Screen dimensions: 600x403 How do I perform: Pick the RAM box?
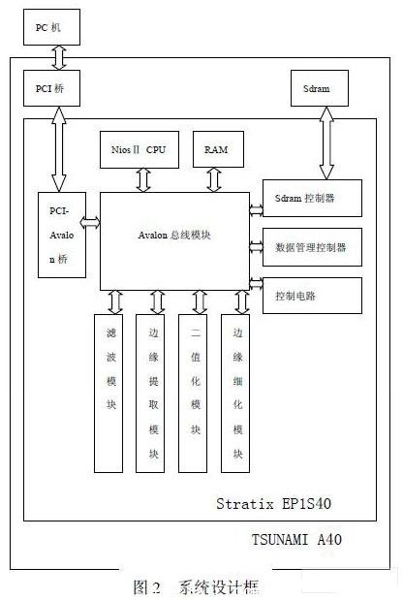[210, 149]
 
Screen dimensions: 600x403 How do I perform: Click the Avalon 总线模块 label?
[174, 236]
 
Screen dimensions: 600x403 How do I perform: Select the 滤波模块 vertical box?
[113, 392]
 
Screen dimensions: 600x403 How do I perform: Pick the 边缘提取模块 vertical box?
[155, 392]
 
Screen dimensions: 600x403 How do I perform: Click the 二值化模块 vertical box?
[198, 392]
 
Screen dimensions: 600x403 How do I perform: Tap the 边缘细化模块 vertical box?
[239, 392]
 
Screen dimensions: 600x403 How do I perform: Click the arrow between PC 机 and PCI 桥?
[59, 58]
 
